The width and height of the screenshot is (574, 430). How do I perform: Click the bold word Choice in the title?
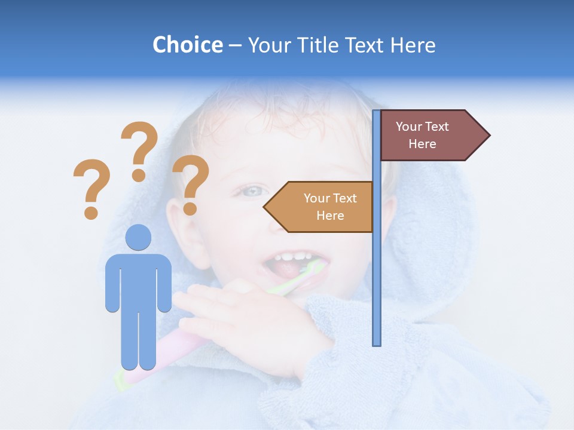(x=187, y=45)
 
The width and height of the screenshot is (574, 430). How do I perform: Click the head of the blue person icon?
(x=138, y=237)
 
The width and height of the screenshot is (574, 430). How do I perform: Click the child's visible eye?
(x=254, y=191)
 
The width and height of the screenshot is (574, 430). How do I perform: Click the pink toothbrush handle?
(x=173, y=352)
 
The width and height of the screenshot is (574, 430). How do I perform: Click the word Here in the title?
(x=413, y=45)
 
